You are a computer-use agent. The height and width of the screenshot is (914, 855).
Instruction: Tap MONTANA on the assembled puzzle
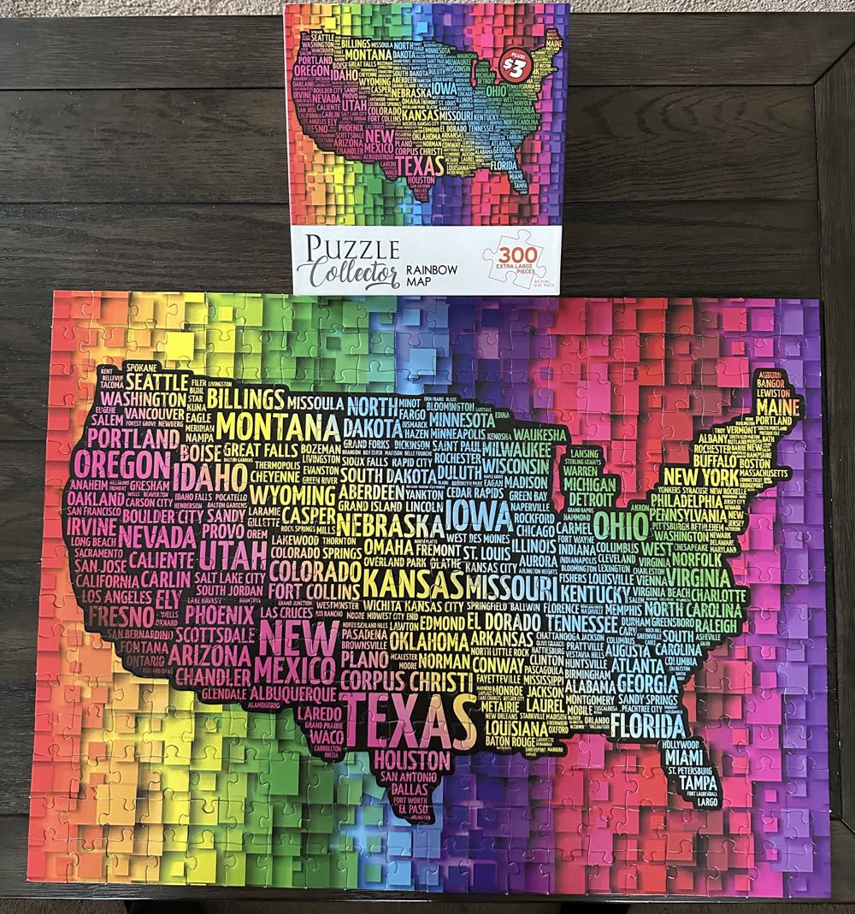(x=279, y=425)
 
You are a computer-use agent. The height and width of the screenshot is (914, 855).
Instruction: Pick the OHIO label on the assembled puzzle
(x=621, y=522)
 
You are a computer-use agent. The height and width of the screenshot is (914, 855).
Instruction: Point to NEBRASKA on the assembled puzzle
(x=390, y=523)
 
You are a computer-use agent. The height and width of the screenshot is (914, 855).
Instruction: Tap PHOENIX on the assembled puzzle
(x=220, y=615)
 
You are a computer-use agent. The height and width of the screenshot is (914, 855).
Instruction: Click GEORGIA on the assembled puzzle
(x=647, y=684)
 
